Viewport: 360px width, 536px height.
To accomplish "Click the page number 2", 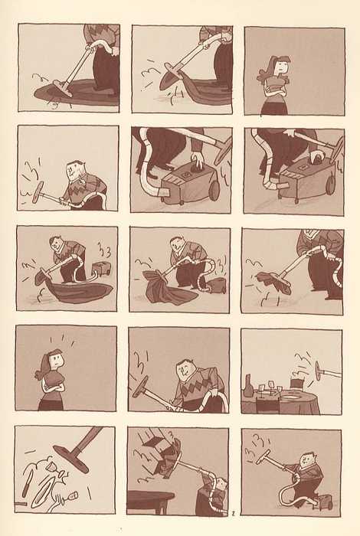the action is [x=233, y=513].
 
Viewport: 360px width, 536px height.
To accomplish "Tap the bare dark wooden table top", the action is [x=151, y=495].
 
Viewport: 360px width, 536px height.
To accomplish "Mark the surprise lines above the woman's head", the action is [x=61, y=340].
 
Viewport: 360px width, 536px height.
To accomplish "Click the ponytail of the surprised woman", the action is [x=41, y=368].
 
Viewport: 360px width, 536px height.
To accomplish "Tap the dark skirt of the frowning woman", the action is [x=274, y=108].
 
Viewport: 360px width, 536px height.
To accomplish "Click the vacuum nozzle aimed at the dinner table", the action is [x=318, y=371].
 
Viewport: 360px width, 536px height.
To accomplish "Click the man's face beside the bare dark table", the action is [x=222, y=484].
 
